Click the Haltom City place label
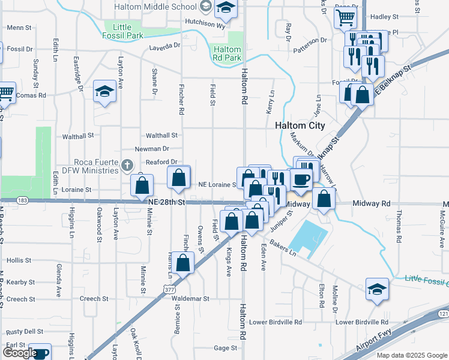(x=300, y=126)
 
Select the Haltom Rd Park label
(x=227, y=54)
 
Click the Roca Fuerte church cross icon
(x=126, y=164)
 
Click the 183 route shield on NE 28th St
(x=23, y=200)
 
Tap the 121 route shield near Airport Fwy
(x=443, y=314)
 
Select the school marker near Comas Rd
(x=104, y=92)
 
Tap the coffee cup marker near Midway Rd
(x=302, y=178)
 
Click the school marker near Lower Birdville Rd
(x=378, y=289)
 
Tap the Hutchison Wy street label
(x=204, y=26)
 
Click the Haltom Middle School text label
(x=157, y=7)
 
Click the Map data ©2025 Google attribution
(x=411, y=355)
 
